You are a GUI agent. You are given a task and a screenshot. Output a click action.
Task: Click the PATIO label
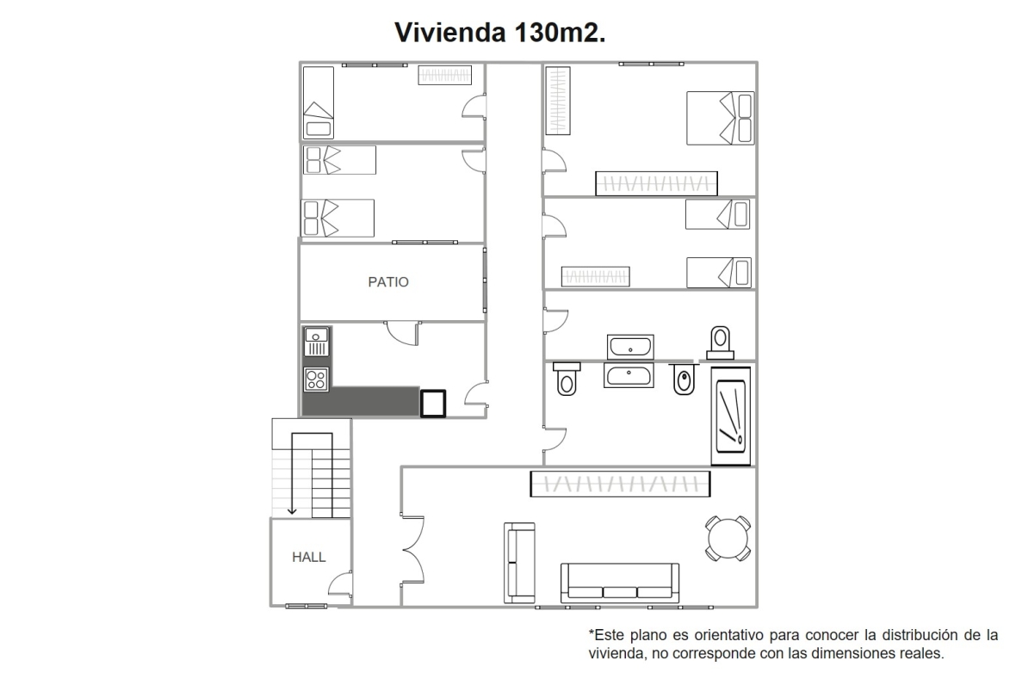pyautogui.click(x=388, y=281)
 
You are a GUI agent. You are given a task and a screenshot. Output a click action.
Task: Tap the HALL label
pyautogui.click(x=308, y=557)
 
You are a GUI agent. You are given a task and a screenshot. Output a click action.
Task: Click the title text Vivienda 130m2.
pyautogui.click(x=500, y=33)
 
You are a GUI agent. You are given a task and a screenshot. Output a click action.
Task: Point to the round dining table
pyautogui.click(x=728, y=539)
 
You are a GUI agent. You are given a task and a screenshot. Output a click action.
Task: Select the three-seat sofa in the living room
pyautogui.click(x=619, y=583)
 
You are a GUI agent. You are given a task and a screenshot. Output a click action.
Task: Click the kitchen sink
pyautogui.click(x=317, y=342)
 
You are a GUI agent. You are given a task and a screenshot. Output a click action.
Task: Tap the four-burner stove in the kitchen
pyautogui.click(x=316, y=379)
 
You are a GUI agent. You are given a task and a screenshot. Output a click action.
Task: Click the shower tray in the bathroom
pyautogui.click(x=731, y=416)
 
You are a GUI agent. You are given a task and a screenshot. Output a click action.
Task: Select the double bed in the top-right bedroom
pyautogui.click(x=721, y=118)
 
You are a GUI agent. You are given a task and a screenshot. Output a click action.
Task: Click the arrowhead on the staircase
pyautogui.click(x=292, y=510)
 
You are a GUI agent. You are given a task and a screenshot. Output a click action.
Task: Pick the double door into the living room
pyautogui.click(x=412, y=551)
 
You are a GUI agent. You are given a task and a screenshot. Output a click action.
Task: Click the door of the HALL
pyautogui.click(x=341, y=584)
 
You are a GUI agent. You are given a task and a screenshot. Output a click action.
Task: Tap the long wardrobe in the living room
pyautogui.click(x=620, y=484)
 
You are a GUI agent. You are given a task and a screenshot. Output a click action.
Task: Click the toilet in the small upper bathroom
pyautogui.click(x=720, y=342)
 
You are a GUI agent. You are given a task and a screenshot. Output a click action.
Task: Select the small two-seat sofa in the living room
pyautogui.click(x=520, y=563)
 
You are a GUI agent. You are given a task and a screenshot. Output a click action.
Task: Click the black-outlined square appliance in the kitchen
pyautogui.click(x=433, y=403)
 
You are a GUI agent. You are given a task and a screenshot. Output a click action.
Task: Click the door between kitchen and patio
pyautogui.click(x=402, y=333)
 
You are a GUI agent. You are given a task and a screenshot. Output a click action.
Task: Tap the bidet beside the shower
pyautogui.click(x=684, y=379)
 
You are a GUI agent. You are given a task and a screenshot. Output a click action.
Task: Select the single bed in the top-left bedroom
pyautogui.click(x=319, y=102)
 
